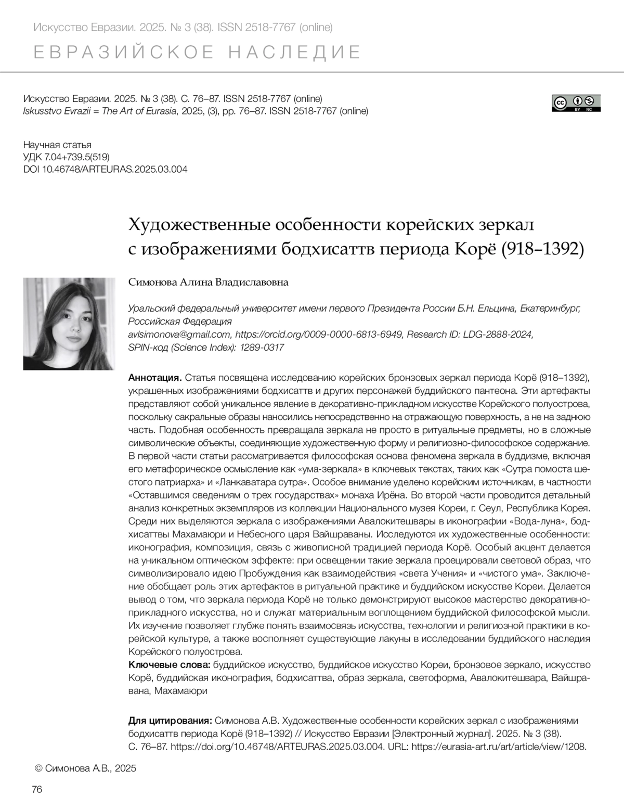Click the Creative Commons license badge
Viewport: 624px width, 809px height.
click(576, 103)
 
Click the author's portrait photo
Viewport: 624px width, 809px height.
click(69, 324)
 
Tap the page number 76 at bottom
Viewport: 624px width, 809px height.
click(37, 789)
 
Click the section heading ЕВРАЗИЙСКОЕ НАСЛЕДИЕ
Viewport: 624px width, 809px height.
click(197, 53)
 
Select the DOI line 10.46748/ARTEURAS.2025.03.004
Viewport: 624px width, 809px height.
click(106, 169)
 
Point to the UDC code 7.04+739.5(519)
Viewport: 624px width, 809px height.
click(67, 157)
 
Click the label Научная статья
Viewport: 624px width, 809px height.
click(58, 145)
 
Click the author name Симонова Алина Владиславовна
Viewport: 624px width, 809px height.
click(208, 282)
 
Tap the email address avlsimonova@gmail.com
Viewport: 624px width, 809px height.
click(179, 334)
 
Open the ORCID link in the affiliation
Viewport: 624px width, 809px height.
click(319, 334)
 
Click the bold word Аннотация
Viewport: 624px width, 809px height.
click(154, 377)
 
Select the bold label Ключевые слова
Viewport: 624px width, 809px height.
click(169, 664)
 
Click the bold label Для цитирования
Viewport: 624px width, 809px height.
click(170, 721)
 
